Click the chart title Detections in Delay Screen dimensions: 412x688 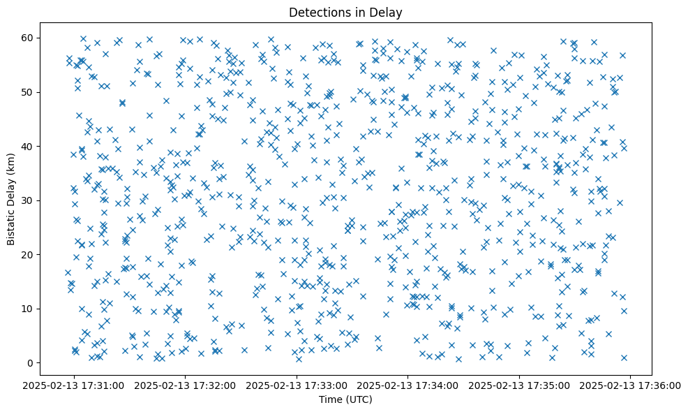(x=345, y=13)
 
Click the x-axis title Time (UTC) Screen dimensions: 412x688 (x=345, y=399)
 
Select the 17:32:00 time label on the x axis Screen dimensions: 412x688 (x=186, y=385)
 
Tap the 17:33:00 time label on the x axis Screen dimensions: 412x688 (x=297, y=385)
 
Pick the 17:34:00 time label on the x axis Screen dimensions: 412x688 (x=408, y=385)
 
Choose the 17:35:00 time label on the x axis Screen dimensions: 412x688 (x=520, y=385)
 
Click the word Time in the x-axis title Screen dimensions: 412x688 (x=331, y=399)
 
